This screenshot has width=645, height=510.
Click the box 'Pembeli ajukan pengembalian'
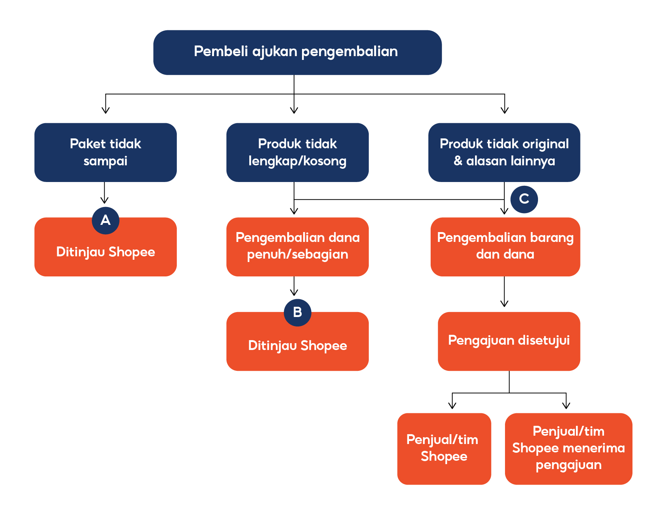pos(297,52)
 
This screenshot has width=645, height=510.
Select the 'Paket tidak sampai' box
pos(105,152)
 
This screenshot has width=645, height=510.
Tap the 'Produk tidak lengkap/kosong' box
pos(297,152)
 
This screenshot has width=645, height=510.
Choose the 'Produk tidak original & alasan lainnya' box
pos(504,152)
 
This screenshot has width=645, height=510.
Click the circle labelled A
pos(105,220)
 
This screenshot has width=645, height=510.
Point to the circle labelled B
pos(297,312)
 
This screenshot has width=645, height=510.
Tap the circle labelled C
pos(524,199)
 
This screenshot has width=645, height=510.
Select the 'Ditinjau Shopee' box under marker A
pos(105,252)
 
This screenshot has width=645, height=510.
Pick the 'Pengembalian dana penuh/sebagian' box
pos(297,246)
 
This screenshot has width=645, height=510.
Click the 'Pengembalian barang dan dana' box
pos(505,246)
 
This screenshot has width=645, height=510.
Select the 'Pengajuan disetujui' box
pos(509,341)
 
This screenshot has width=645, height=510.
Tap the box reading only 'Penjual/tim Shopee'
pos(444,449)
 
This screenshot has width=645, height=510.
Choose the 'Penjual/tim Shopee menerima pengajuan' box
pos(568,449)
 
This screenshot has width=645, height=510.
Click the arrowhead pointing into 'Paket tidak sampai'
pos(105,110)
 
